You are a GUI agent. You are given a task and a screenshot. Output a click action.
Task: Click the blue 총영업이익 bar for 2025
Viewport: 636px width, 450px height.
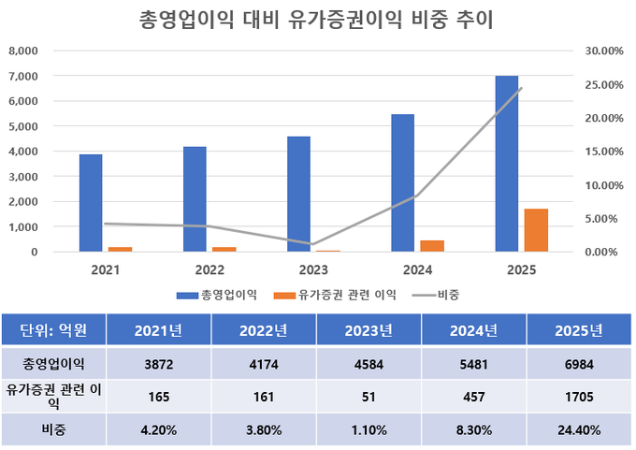pyautogui.click(x=506, y=164)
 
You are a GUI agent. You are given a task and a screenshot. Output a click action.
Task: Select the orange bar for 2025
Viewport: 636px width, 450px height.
pyautogui.click(x=536, y=230)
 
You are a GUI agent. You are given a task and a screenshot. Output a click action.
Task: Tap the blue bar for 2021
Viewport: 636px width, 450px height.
pyautogui.click(x=91, y=203)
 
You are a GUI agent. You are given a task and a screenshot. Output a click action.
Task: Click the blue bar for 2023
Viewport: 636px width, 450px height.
pyautogui.click(x=298, y=194)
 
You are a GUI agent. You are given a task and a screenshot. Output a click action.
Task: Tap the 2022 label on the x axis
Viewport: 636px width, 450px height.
pyautogui.click(x=210, y=270)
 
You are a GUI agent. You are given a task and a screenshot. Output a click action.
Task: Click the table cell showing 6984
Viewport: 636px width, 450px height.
pyautogui.click(x=578, y=363)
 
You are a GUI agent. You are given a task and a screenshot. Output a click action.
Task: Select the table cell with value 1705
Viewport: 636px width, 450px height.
pyautogui.click(x=578, y=397)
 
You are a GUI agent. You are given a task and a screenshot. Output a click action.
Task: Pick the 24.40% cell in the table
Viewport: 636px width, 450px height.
pyautogui.click(x=578, y=430)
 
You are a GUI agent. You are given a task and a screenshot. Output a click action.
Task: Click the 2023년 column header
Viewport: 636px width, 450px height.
pyautogui.click(x=369, y=329)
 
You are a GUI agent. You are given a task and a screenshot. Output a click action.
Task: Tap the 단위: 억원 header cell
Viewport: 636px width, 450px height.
pyautogui.click(x=53, y=329)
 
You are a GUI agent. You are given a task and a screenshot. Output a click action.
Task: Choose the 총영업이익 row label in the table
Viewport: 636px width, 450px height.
pyautogui.click(x=53, y=363)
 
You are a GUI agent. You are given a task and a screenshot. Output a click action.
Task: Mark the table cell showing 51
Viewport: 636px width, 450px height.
pyautogui.click(x=369, y=397)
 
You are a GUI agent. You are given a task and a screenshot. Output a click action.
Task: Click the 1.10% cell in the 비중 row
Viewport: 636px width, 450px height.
pyautogui.click(x=369, y=430)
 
